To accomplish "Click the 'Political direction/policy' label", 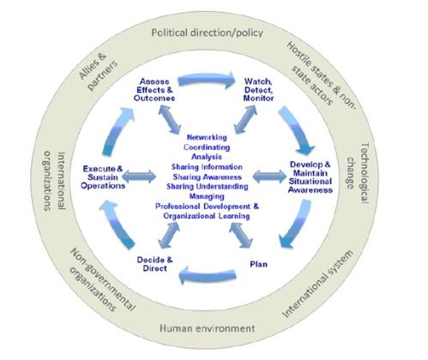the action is pyautogui.click(x=207, y=33).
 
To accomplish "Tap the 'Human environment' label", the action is pyautogui.click(x=207, y=328).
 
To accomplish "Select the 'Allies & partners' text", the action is pyautogui.click(x=98, y=71).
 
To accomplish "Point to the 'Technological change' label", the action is pyautogui.click(x=357, y=173).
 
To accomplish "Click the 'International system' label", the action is pyautogui.click(x=317, y=284).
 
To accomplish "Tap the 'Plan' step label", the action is pyautogui.click(x=259, y=264).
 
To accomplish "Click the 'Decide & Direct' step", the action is pyautogui.click(x=154, y=264).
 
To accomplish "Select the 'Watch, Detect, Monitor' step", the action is pyautogui.click(x=258, y=90).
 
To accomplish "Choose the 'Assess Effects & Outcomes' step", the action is pyautogui.click(x=154, y=90).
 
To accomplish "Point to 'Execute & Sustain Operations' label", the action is pyautogui.click(x=103, y=177).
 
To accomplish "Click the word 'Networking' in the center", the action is pyautogui.click(x=207, y=137).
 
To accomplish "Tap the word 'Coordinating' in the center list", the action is pyautogui.click(x=207, y=147).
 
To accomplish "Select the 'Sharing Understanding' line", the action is pyautogui.click(x=208, y=187).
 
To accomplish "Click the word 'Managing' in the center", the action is pyautogui.click(x=207, y=196).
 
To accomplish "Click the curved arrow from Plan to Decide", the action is pyautogui.click(x=208, y=275).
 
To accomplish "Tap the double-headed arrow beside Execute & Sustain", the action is pyautogui.click(x=139, y=177).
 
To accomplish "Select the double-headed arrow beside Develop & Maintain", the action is pyautogui.click(x=269, y=177).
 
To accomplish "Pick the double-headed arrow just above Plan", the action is pyautogui.click(x=241, y=236).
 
